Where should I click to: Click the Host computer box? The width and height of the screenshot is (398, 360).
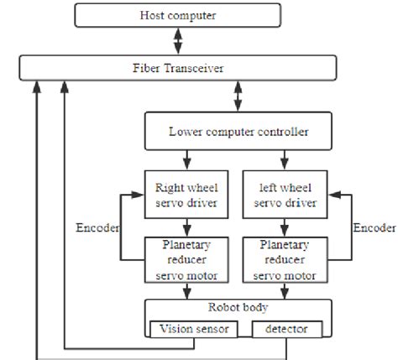(176, 15)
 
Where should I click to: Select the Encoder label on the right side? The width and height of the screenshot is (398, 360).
(374, 228)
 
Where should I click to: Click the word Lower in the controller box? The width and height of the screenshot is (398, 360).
(185, 132)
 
